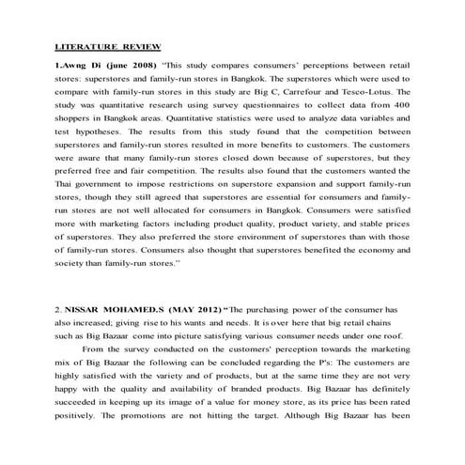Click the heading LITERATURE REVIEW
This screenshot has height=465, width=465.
108,45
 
